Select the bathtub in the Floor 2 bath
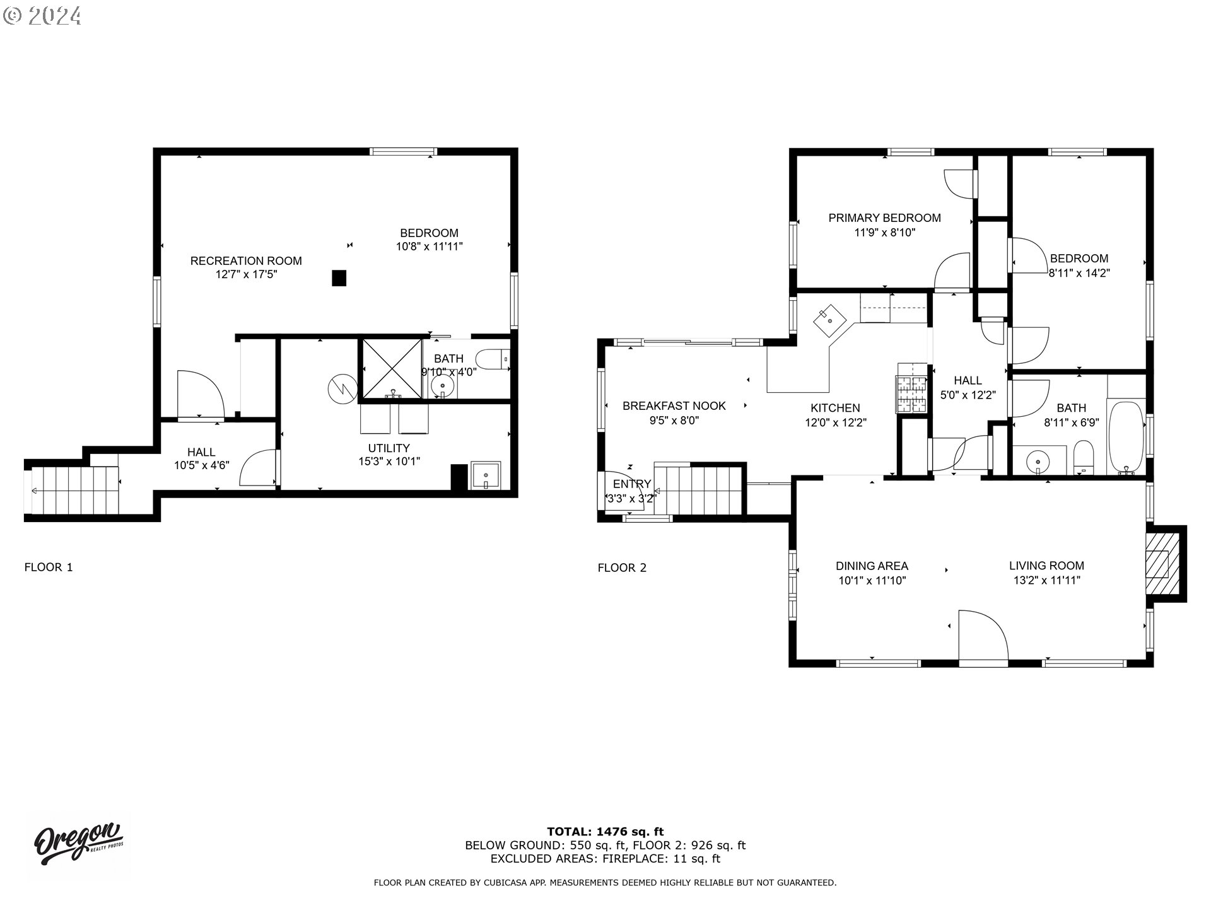1126,437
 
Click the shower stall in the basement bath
391,370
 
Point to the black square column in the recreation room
339,278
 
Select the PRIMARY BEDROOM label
884,218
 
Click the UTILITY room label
389,448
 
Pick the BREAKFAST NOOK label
674,405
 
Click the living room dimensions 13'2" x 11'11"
1046,580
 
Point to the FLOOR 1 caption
49,567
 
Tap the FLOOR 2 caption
622,567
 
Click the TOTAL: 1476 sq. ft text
605,832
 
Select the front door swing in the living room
983,637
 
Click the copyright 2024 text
42,15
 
